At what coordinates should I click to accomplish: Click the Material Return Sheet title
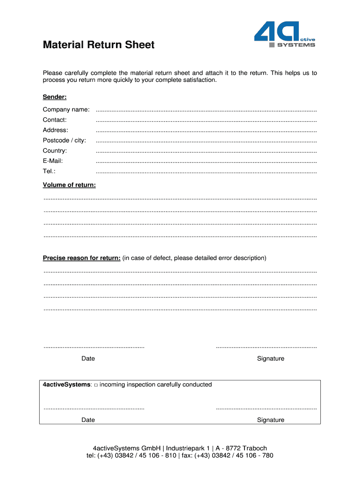(98, 45)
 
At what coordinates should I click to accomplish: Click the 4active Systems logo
(284, 35)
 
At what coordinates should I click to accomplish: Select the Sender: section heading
(55, 97)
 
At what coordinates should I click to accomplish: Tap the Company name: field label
(66, 109)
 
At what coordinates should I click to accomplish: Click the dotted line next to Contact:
(206, 121)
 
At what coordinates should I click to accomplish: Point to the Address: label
(55, 130)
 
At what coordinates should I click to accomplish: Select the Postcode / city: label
(64, 140)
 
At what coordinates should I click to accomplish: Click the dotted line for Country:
(206, 152)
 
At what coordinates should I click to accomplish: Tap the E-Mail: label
(52, 161)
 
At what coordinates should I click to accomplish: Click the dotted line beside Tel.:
(206, 173)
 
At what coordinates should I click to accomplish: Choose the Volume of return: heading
(69, 185)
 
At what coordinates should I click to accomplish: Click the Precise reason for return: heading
(81, 258)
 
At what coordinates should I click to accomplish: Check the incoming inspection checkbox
(95, 385)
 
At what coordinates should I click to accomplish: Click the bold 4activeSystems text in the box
(66, 385)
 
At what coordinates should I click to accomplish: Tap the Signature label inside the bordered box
(270, 420)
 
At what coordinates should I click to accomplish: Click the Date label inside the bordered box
(88, 420)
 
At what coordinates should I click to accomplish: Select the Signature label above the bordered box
(270, 359)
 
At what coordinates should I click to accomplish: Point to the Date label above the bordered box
(88, 359)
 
